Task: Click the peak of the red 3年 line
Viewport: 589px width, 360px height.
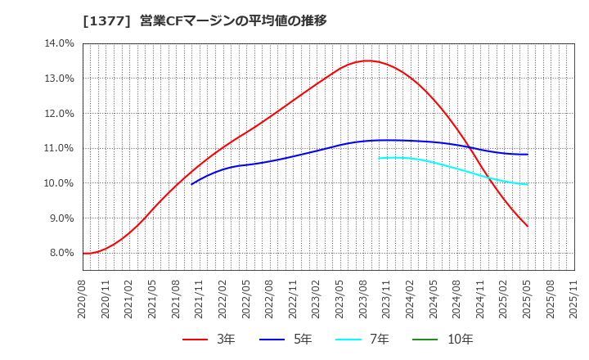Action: (x=368, y=61)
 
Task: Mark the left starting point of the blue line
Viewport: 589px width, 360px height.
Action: (x=191, y=184)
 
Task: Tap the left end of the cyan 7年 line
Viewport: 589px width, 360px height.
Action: (x=380, y=158)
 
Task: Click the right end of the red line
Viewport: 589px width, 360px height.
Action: (x=528, y=227)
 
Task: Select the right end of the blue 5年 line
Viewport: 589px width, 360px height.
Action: (x=528, y=154)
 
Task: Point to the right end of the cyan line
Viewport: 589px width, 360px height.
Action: (x=528, y=184)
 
